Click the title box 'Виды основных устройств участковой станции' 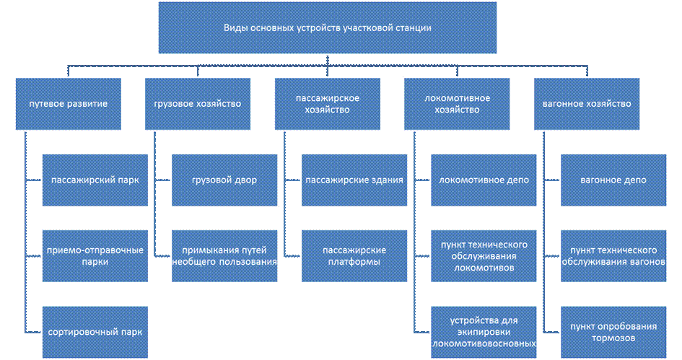327,29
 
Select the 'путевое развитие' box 69,104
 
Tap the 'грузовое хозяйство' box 198,104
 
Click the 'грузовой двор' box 224,180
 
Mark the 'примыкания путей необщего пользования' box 224,256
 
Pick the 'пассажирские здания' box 354,180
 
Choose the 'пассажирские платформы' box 354,256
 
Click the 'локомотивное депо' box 484,180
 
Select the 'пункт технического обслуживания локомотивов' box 484,256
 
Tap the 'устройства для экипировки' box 484,332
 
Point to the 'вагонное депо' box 613,180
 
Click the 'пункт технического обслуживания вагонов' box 613,256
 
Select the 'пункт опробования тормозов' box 613,332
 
